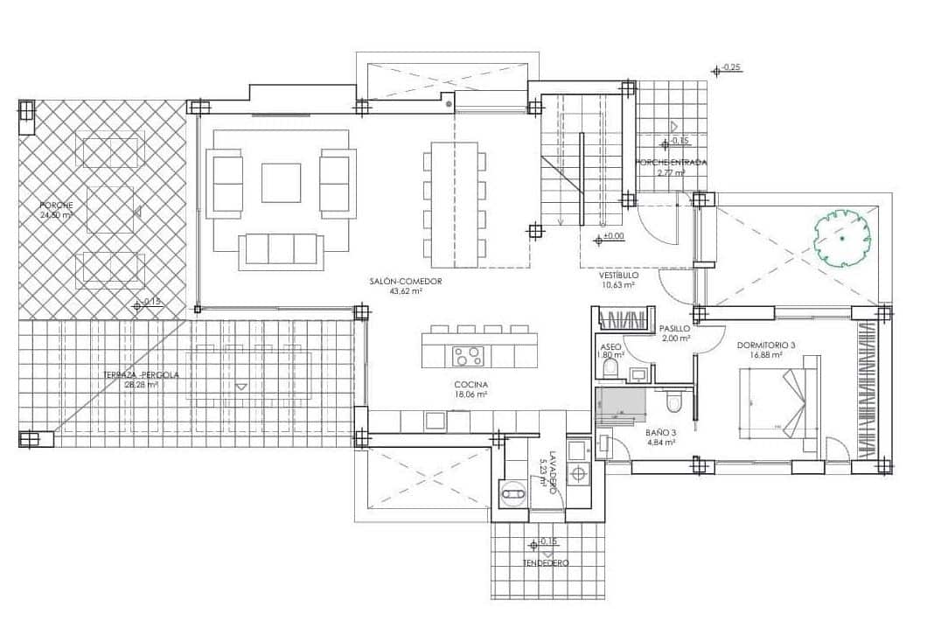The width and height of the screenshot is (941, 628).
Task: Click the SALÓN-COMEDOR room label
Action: coord(405,282)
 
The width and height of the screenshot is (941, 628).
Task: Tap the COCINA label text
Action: coord(470,385)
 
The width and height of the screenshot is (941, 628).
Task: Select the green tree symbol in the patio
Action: coord(841,237)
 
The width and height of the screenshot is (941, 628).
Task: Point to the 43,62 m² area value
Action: coord(405,291)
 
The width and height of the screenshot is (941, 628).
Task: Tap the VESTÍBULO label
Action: coord(617,274)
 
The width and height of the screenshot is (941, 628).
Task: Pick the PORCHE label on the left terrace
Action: coord(56,206)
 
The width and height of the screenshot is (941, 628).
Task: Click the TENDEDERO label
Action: coord(546,563)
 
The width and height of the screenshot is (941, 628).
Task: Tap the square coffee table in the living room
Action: coord(281,182)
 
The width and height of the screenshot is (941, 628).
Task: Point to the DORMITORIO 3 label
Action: coord(766,345)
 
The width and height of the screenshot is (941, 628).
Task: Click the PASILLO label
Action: coord(675,329)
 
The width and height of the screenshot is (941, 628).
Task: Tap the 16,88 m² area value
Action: coord(766,355)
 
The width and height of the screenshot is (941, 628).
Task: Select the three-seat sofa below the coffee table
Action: coord(281,249)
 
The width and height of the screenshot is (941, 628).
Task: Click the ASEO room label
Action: coord(610,345)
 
